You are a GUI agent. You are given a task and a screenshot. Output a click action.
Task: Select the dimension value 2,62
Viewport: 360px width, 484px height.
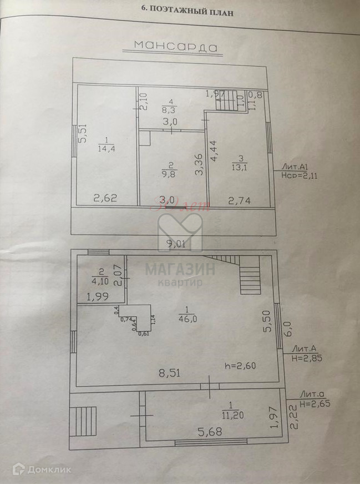104,198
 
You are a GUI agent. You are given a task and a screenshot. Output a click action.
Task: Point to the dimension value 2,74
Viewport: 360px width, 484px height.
240,200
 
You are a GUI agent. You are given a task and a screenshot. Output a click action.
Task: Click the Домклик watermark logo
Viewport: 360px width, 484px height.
43,470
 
